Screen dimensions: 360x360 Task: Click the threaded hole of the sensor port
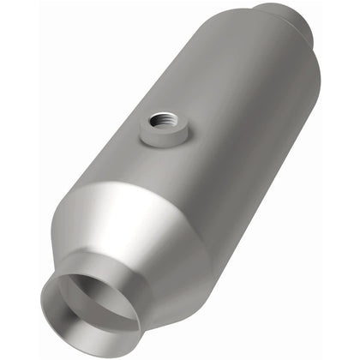click(160, 120)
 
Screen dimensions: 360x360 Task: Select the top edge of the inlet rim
click(86, 272)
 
